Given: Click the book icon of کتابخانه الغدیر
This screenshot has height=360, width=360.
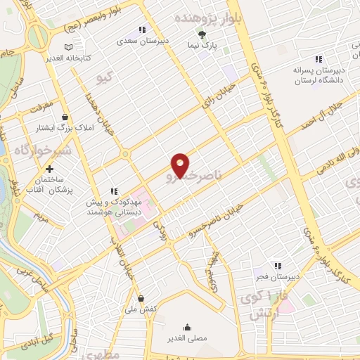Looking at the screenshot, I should coord(68,47).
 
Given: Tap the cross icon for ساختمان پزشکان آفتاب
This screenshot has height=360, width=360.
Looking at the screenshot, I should coord(49,169).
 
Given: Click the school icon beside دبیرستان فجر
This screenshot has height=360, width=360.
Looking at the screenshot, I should coord(278,266).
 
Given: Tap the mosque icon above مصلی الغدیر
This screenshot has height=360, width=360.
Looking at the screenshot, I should coord(188,327).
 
